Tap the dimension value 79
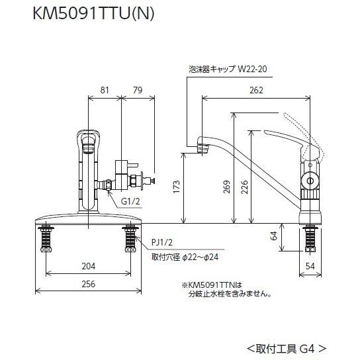(x=138, y=91)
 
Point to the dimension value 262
(x=256, y=91)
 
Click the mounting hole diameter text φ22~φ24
(x=176, y=256)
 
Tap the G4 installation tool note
(x=287, y=346)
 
